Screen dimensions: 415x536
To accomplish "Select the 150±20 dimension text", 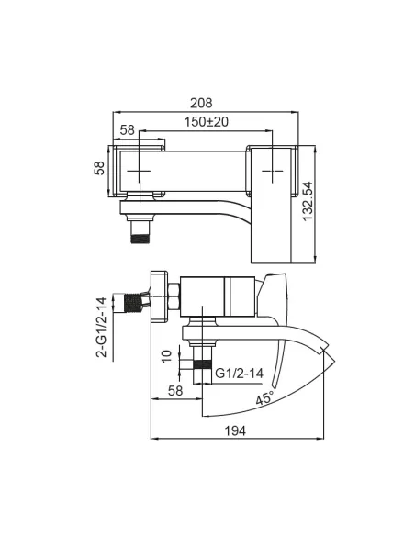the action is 207,122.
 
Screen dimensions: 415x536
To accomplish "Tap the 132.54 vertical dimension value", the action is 308,201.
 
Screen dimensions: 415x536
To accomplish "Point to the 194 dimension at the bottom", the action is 235,430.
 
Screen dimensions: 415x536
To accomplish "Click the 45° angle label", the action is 265,397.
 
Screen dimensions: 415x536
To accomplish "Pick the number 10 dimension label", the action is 167,356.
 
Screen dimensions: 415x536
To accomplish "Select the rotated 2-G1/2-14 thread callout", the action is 102,328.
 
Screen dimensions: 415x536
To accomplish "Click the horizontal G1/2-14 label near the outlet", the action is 240,373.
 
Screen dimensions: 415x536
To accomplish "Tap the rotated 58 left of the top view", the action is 99,168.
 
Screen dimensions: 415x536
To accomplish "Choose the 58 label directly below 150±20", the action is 128,130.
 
